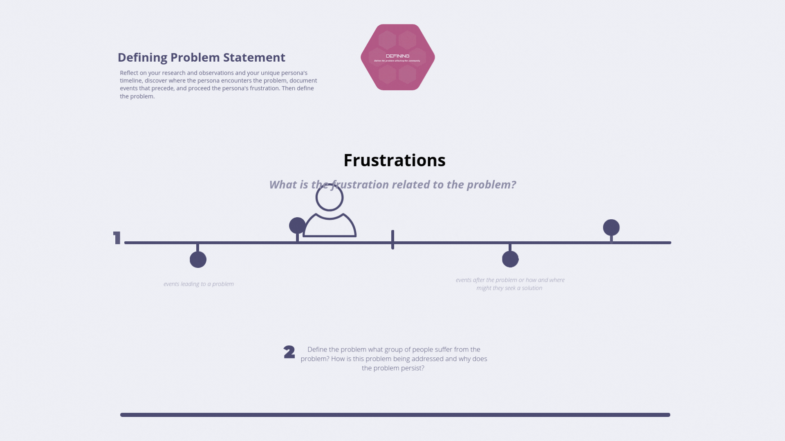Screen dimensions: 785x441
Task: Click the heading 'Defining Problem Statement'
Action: (201, 58)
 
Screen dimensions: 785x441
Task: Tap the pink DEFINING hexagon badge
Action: (397, 57)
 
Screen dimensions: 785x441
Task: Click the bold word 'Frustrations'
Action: (394, 160)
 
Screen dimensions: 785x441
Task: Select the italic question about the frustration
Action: (392, 185)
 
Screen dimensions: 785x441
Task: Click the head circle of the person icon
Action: (330, 198)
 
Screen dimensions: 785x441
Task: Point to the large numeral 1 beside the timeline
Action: (117, 238)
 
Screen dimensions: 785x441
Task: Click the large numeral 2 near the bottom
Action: (289, 352)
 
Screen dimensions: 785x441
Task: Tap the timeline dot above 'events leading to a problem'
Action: (198, 260)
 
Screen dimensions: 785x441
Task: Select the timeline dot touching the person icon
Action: (297, 225)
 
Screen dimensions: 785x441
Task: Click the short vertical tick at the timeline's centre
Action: (392, 240)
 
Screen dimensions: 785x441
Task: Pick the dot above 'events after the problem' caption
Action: (510, 259)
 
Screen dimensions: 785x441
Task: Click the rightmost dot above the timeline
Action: (611, 227)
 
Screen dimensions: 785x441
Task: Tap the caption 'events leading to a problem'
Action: (199, 284)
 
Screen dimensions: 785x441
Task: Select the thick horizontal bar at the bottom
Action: (395, 415)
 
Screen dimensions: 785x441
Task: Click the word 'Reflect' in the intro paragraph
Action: (129, 73)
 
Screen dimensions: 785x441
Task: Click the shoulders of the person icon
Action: (330, 227)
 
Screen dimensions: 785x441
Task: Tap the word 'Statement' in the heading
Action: (254, 58)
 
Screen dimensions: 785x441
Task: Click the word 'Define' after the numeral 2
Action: (317, 350)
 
